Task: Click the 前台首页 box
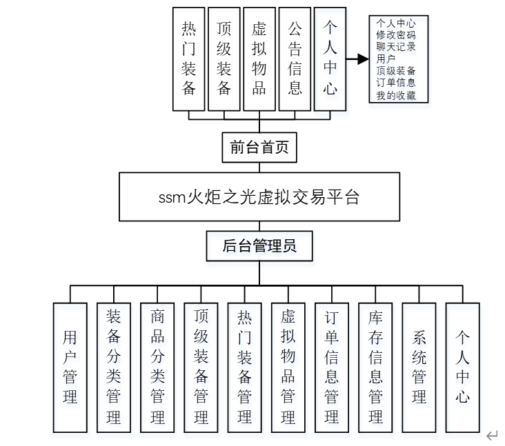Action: [259, 147]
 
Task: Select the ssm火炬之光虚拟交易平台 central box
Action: [259, 196]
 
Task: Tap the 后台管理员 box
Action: [259, 246]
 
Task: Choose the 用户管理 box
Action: [70, 367]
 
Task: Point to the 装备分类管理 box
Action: [114, 367]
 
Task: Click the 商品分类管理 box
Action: [157, 367]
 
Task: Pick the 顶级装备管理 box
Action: [201, 367]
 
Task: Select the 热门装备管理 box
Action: [244, 367]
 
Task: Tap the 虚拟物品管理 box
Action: [288, 367]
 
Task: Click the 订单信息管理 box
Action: [332, 367]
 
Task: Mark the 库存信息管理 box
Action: [375, 367]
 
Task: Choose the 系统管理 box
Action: [419, 367]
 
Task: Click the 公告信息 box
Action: [295, 59]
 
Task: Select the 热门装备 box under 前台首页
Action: [189, 59]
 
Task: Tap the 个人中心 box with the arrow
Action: [330, 59]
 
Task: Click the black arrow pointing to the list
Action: [357, 59]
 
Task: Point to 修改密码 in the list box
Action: [396, 34]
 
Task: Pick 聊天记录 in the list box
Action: [396, 46]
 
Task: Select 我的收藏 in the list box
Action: [396, 95]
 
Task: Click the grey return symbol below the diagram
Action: [492, 435]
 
